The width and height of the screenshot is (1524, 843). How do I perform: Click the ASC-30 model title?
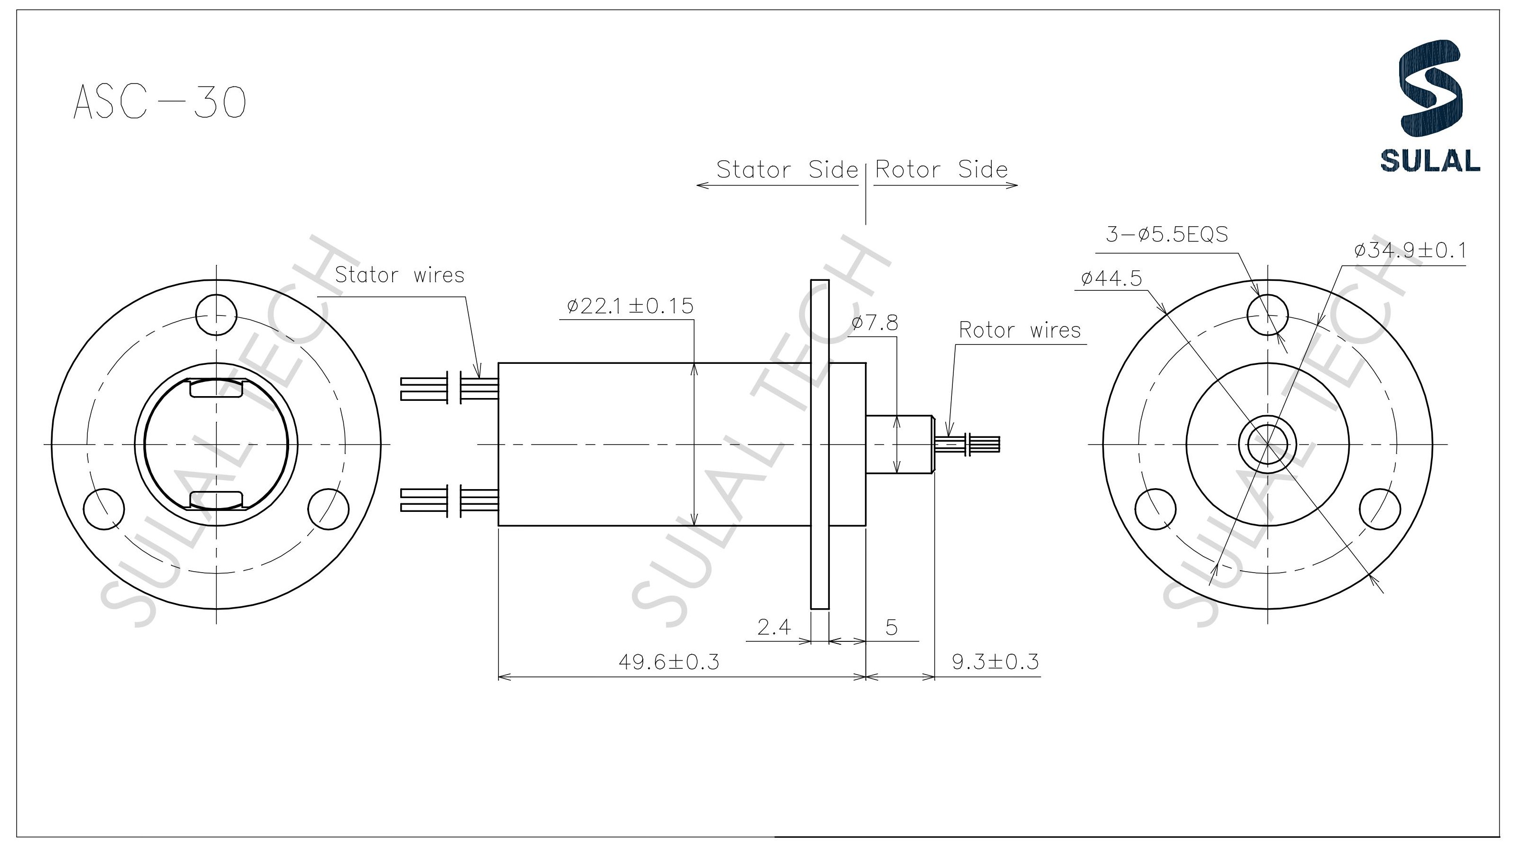point(160,102)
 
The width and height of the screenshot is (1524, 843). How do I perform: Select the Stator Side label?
point(787,170)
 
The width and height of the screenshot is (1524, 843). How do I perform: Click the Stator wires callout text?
point(399,275)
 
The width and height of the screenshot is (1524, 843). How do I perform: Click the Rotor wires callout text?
point(1019,330)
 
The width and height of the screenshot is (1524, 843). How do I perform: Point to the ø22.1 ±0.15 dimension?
point(630,306)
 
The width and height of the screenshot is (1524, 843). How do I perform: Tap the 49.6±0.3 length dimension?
point(668,661)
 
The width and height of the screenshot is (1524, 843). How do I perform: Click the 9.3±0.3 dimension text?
point(995,661)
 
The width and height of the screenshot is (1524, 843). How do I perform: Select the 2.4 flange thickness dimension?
point(774,627)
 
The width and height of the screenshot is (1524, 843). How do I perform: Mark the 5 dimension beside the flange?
point(892,627)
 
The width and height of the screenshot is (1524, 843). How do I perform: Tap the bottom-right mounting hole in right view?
point(1380,509)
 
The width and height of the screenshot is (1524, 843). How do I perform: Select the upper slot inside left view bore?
point(216,389)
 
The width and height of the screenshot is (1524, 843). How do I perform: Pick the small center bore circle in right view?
point(1267,444)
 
